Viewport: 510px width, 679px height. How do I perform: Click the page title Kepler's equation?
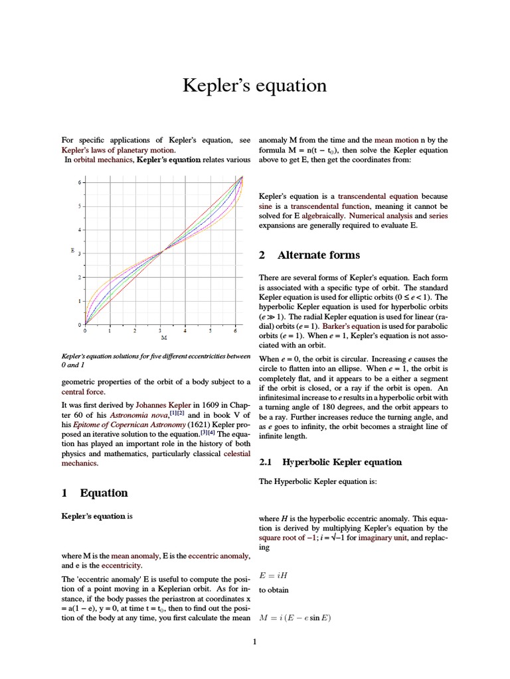(x=254, y=86)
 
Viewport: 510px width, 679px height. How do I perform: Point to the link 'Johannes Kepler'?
(x=163, y=404)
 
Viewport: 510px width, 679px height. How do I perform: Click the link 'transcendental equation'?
(x=378, y=197)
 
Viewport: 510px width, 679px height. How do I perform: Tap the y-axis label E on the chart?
(x=72, y=251)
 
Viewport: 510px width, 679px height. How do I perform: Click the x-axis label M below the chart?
(x=163, y=338)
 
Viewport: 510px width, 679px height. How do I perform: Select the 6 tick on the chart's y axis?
(x=78, y=182)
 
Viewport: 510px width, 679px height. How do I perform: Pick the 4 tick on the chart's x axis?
(x=185, y=330)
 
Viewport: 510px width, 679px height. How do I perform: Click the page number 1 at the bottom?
(x=254, y=641)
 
